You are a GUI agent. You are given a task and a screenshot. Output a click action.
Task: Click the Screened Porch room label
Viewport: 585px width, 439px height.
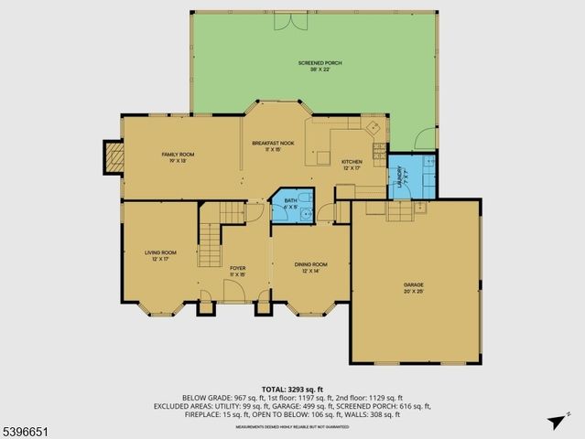[x=320, y=66]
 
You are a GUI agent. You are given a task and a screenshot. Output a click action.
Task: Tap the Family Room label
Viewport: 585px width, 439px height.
[x=178, y=156]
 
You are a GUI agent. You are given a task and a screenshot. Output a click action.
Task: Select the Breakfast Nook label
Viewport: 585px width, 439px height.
[x=273, y=146]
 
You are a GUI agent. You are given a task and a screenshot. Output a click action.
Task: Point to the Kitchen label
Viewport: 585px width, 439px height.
[x=352, y=165]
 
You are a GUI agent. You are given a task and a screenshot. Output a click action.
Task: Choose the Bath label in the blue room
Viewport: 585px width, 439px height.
[x=290, y=203]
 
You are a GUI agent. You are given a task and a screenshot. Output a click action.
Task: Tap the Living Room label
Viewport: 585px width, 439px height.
[x=160, y=255]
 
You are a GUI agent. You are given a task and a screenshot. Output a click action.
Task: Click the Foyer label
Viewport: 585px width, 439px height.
[x=237, y=271]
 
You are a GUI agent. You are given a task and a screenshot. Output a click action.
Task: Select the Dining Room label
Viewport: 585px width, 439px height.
[x=310, y=267]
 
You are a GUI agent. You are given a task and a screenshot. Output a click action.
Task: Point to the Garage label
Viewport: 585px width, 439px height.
[x=414, y=288]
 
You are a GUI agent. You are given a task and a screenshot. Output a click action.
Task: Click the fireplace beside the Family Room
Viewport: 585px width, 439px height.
[x=112, y=156]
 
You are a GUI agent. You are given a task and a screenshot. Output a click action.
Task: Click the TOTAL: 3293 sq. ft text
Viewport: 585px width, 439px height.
[x=292, y=389]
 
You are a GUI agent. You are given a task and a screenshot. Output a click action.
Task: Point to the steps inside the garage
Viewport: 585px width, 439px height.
[x=399, y=212]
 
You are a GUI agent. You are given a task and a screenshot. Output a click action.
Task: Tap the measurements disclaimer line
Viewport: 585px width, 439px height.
[x=292, y=426]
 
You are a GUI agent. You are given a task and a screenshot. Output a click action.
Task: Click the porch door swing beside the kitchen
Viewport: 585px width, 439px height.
[x=426, y=140]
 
